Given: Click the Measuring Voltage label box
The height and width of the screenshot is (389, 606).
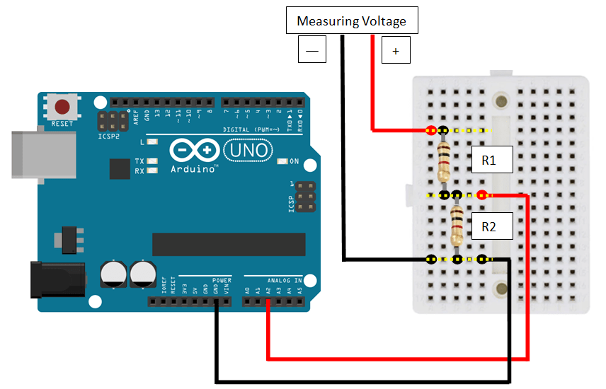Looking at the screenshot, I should pos(351,21).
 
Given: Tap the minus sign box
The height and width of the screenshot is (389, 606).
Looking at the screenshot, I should pos(312,50).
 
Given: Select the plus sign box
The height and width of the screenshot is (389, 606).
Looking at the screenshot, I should pos(396,50).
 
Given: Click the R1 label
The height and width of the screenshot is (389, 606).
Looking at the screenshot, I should pos(488,161).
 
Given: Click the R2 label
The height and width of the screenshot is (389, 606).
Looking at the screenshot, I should pos(488,226).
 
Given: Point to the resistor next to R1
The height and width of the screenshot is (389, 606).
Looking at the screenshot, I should pos(444,161).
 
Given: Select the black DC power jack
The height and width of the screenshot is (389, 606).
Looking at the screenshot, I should pos(57,279).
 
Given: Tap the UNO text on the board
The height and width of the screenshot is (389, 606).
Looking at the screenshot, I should pos(247,150).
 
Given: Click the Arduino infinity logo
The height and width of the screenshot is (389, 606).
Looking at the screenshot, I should pos(193,151).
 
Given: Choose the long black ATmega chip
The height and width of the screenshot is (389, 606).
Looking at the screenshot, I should pos(228,244).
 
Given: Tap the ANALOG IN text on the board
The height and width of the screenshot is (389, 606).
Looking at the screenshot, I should pos(284,280).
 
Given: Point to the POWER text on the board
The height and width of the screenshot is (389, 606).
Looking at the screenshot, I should pos(221,280).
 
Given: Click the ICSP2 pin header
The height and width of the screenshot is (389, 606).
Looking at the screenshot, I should pos(112,120).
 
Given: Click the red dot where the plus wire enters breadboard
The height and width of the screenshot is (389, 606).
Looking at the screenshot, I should pos(430,130).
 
